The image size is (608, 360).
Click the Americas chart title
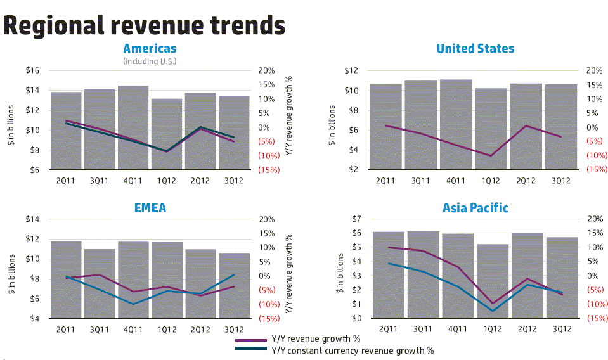point(150,49)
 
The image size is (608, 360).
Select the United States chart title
point(475,49)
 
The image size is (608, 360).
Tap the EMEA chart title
point(150,207)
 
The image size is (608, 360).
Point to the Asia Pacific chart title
point(475,207)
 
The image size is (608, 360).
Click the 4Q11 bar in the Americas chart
point(133,127)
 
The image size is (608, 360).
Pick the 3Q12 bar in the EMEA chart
point(234,285)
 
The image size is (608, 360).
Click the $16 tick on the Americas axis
point(32,70)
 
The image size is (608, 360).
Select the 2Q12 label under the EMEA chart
point(200,329)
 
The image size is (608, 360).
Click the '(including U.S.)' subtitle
point(150,61)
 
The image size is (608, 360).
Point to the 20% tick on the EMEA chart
point(266,219)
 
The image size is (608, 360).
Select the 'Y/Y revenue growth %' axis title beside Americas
point(288,120)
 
